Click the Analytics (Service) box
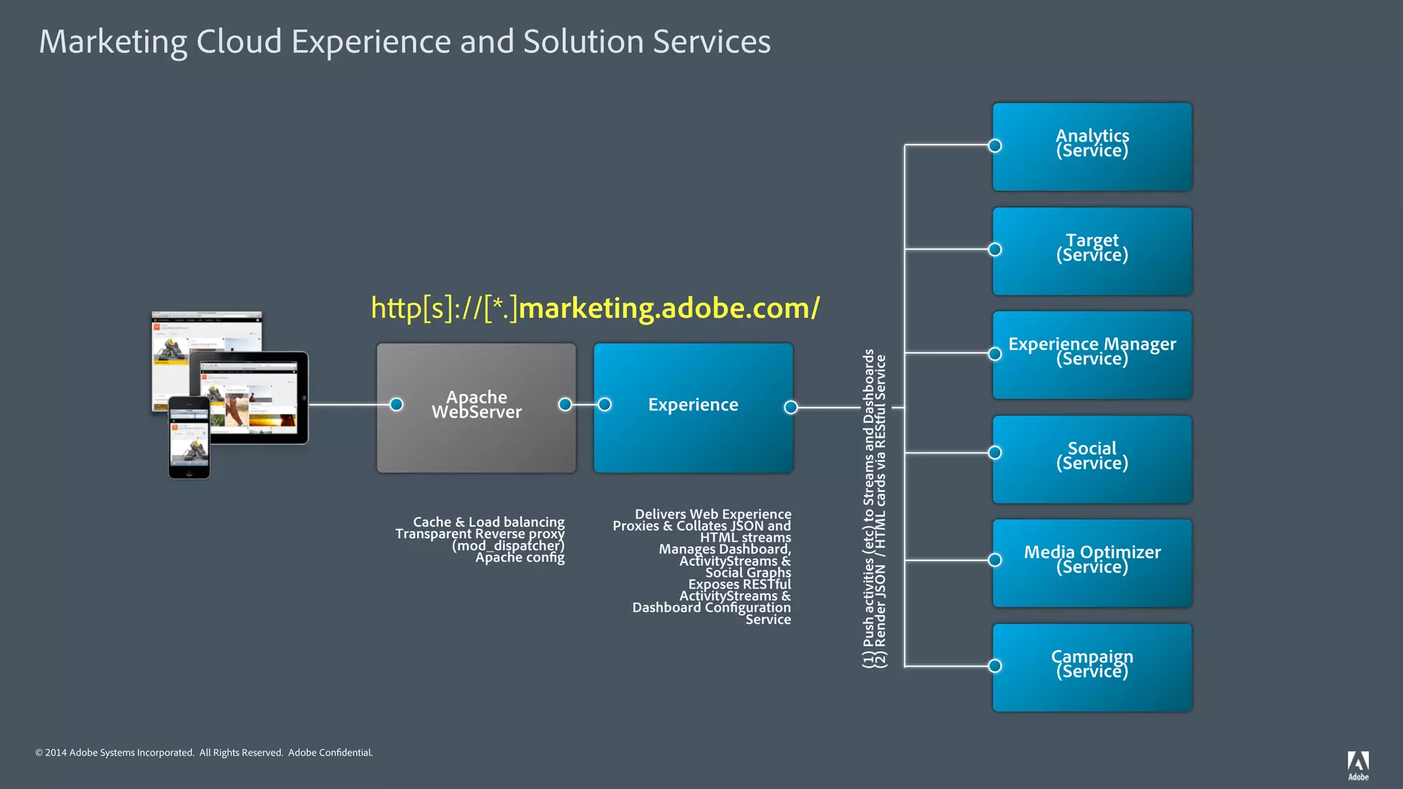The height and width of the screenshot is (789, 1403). tap(1092, 147)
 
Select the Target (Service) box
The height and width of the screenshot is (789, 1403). tap(1092, 251)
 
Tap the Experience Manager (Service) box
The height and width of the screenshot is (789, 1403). tap(1092, 355)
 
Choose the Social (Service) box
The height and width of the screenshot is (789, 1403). tap(1092, 459)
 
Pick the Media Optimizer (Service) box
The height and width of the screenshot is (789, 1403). tap(1092, 563)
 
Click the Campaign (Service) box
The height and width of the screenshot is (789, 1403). tap(1092, 667)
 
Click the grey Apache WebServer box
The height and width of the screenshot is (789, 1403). tap(476, 408)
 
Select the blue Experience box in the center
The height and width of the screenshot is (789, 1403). tap(693, 408)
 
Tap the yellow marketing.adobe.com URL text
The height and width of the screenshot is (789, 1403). tap(595, 308)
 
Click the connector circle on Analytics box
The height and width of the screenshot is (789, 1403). tap(995, 146)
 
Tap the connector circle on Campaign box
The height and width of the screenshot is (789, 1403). tap(995, 666)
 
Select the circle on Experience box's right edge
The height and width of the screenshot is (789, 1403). tap(791, 408)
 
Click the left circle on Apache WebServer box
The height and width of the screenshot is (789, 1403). tap(396, 404)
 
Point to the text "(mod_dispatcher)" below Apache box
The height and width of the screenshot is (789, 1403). tap(508, 546)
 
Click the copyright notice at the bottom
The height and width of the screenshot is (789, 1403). tap(204, 753)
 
